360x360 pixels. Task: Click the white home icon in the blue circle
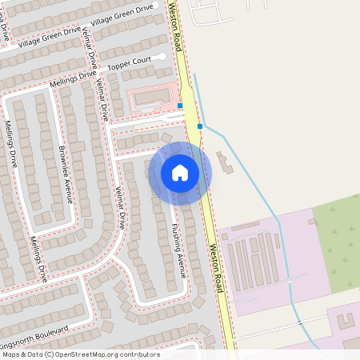coord(180,172)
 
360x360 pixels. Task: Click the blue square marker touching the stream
coord(200,126)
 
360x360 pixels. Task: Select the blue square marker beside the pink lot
coord(180,106)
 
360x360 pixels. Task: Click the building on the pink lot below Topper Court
coord(149,99)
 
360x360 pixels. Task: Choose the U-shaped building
coord(346,322)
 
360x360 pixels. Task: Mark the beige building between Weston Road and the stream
coord(223,164)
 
